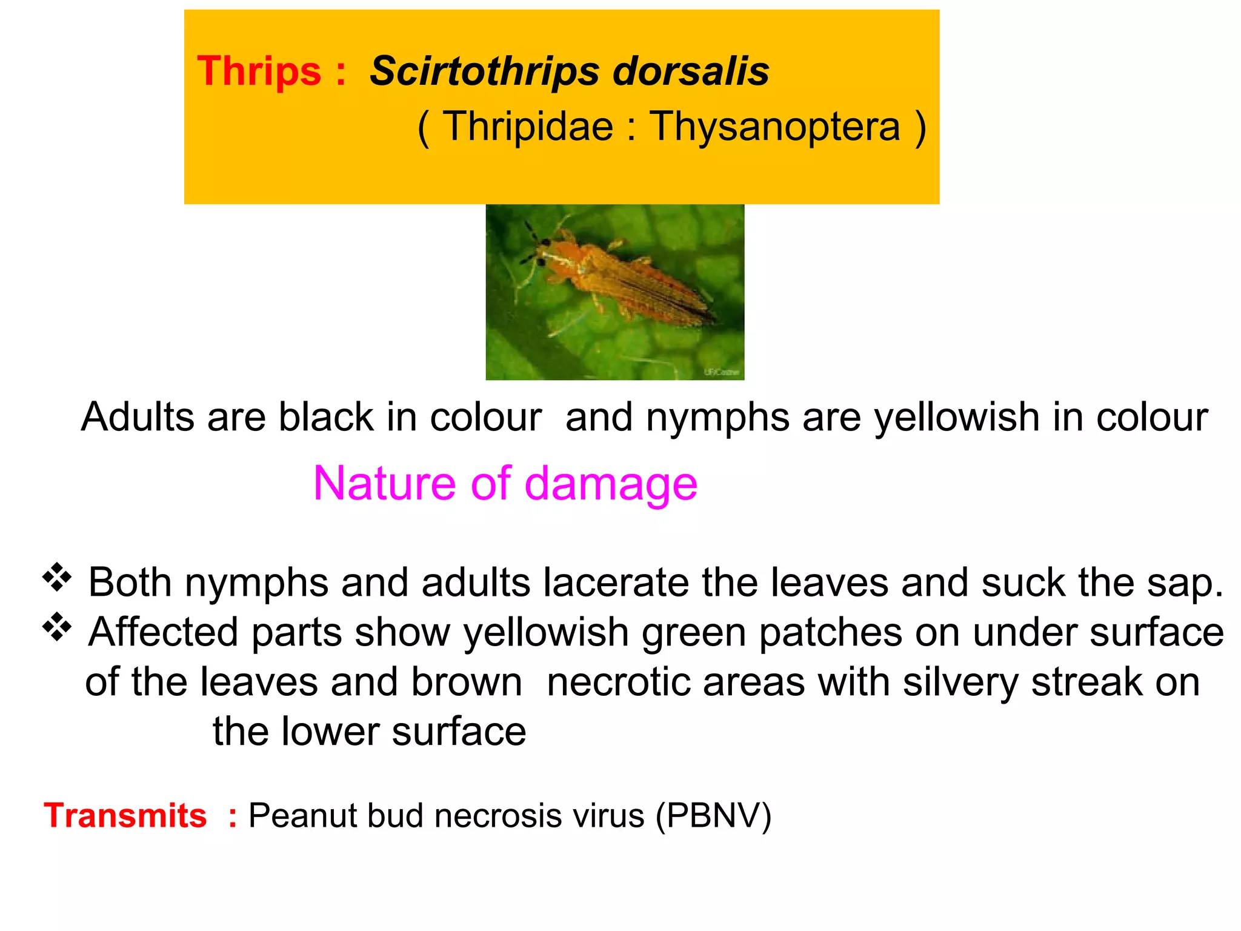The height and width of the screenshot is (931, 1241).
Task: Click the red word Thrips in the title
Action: tap(259, 72)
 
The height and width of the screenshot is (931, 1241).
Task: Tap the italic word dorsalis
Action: tap(691, 71)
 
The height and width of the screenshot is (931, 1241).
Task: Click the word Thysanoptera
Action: tap(775, 127)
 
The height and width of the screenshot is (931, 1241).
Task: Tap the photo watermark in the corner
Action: tap(722, 372)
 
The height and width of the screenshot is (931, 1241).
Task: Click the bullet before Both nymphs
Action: tap(57, 577)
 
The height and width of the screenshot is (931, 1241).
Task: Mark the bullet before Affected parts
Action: tap(57, 627)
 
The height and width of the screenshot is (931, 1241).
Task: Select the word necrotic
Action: tap(618, 682)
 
